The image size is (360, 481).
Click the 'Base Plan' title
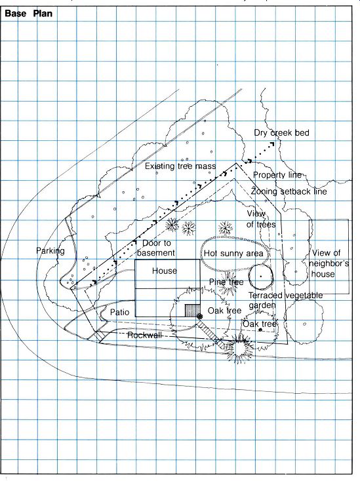[x=29, y=14]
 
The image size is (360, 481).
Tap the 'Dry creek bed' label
[x=281, y=133]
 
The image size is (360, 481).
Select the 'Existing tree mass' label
[x=180, y=166]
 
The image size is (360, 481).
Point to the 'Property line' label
[x=277, y=175]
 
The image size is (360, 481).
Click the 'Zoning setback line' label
[x=289, y=192]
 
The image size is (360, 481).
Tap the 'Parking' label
[x=50, y=251]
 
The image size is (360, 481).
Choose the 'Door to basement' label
[x=156, y=248]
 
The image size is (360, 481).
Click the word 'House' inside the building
[x=165, y=271]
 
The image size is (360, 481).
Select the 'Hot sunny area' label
[x=233, y=254]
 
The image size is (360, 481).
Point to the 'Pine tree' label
[x=226, y=282]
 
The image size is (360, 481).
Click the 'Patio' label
[x=120, y=313]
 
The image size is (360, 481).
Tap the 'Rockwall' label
[x=144, y=336]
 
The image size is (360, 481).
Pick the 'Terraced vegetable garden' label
[x=285, y=300]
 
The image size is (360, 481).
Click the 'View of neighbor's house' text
[x=329, y=263]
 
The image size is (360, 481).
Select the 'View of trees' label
[x=261, y=219]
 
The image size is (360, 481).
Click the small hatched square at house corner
[x=192, y=311]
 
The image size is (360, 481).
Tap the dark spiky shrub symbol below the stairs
[x=238, y=349]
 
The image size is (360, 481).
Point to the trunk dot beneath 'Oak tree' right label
[x=260, y=330]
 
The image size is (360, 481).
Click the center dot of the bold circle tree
[x=261, y=277]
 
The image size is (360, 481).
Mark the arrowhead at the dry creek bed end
[x=272, y=144]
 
